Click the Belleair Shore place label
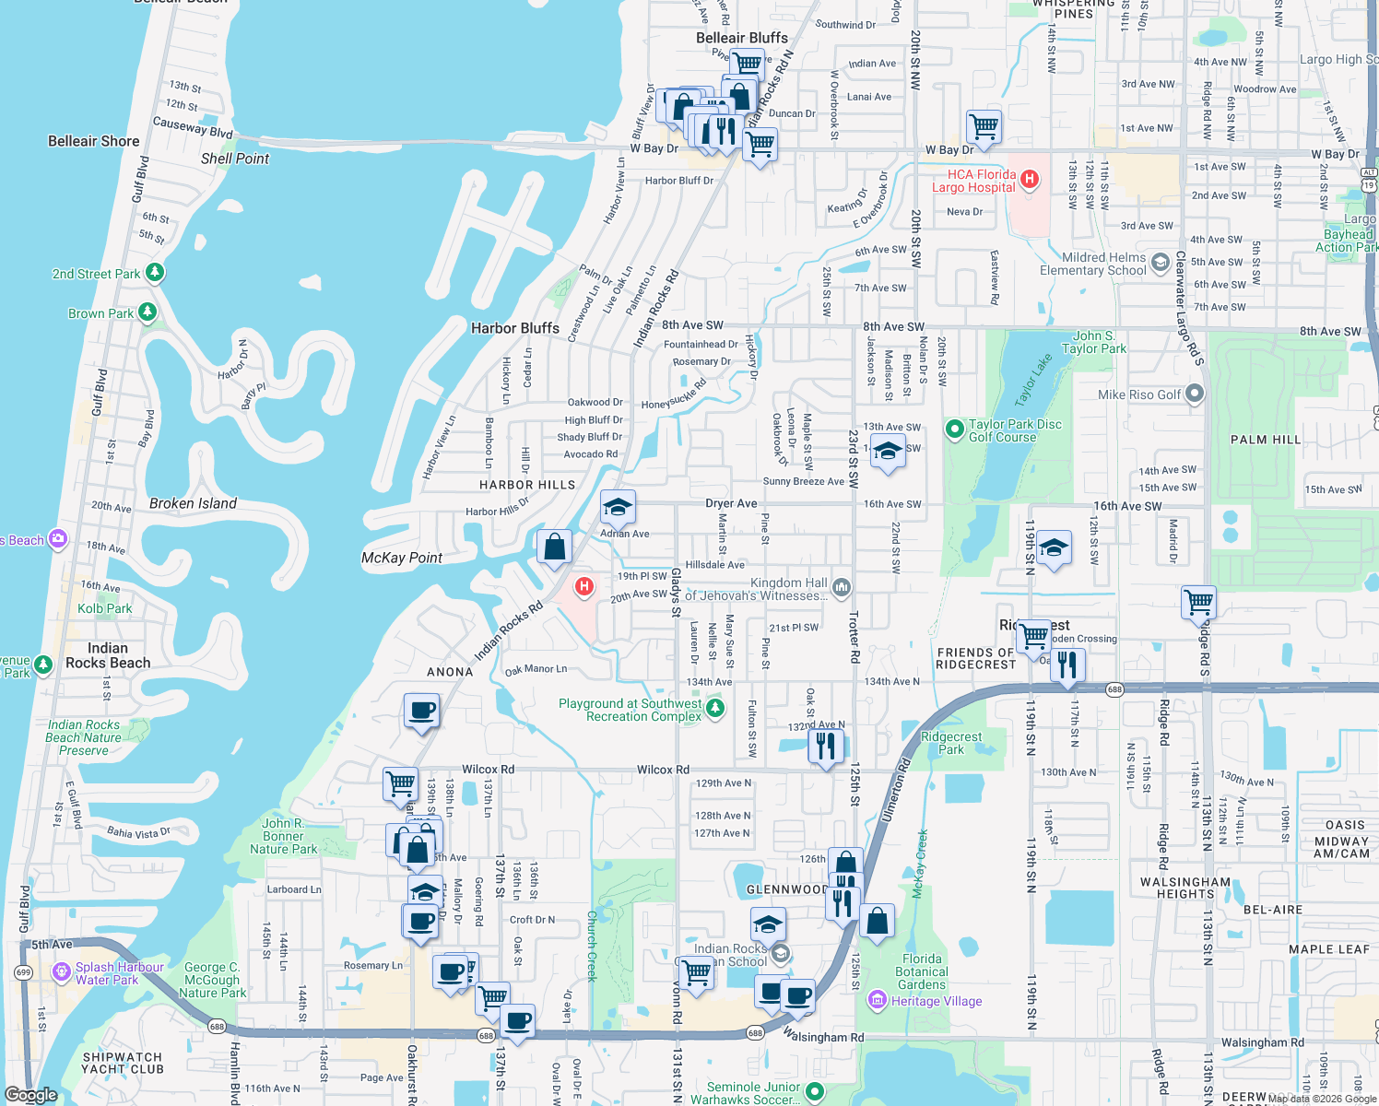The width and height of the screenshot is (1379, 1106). coord(94,141)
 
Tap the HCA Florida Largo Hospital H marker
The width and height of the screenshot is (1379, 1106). coord(1030,179)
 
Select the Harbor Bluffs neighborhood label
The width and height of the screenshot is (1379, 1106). coord(515,328)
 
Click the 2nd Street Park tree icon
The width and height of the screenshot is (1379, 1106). coord(155,273)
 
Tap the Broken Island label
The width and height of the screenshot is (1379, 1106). coord(193,503)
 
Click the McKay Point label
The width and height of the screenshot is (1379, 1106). coord(402,558)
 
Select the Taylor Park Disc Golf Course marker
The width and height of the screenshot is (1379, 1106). coord(955,429)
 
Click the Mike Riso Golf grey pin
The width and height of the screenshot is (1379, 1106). coord(1195,394)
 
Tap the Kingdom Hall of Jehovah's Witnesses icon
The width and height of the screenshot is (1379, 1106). coord(841,587)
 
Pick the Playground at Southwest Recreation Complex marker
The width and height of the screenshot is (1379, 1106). coord(715,709)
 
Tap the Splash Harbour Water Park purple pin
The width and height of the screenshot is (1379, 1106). coord(62,971)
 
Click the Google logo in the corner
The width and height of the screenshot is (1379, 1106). coord(30,1095)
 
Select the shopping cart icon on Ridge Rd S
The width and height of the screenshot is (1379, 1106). coord(1198,603)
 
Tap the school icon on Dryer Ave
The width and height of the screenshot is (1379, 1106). coord(618,507)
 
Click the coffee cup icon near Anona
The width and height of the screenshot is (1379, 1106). coord(421,711)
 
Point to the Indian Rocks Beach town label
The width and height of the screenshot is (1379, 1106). coord(108,655)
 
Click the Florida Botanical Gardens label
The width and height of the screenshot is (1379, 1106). coord(922,971)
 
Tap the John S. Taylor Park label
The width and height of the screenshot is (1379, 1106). coord(1093,342)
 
